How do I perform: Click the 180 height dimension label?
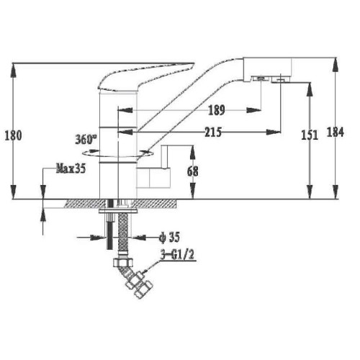click(x=13, y=135)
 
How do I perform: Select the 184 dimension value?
click(x=336, y=132)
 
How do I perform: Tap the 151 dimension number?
click(x=310, y=135)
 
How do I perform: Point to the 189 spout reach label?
click(x=217, y=110)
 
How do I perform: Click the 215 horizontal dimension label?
click(x=213, y=132)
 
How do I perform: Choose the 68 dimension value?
click(x=193, y=171)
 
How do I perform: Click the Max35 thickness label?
click(x=71, y=168)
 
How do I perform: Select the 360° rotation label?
click(x=86, y=140)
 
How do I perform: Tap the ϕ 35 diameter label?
click(x=169, y=238)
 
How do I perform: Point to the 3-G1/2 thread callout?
click(x=177, y=255)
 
